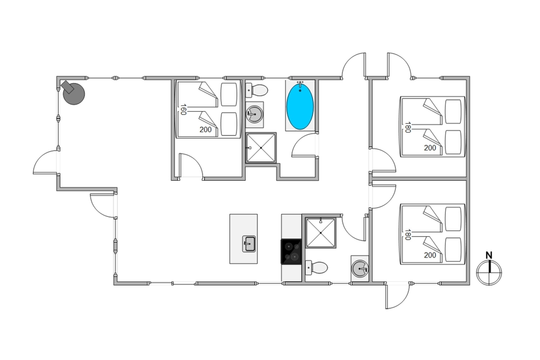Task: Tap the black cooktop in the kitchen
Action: pyautogui.click(x=292, y=252)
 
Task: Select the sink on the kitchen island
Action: pyautogui.click(x=248, y=244)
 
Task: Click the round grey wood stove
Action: pyautogui.click(x=73, y=93)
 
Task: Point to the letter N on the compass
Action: pyautogui.click(x=489, y=255)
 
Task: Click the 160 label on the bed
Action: pyautogui.click(x=183, y=110)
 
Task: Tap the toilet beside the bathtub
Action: pyautogui.click(x=256, y=90)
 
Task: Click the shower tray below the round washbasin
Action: pyautogui.click(x=261, y=148)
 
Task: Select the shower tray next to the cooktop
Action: pyautogui.click(x=320, y=233)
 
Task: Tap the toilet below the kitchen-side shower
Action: pyautogui.click(x=316, y=267)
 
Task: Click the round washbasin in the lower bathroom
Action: pyautogui.click(x=360, y=268)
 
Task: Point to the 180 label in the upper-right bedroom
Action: pyautogui.click(x=408, y=127)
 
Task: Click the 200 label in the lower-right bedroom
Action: pyautogui.click(x=430, y=255)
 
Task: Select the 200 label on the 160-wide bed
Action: pyautogui.click(x=206, y=130)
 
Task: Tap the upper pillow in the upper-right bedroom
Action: pyautogui.click(x=453, y=112)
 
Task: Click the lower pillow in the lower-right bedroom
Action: pyautogui.click(x=453, y=249)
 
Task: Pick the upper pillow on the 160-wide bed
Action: pyautogui.click(x=229, y=94)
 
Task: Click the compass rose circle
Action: pyautogui.click(x=489, y=273)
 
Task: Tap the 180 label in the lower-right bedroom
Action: pyautogui.click(x=408, y=235)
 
